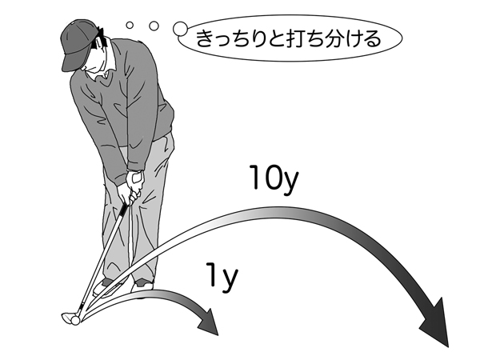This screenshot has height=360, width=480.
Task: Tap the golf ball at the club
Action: pyautogui.click(x=74, y=319)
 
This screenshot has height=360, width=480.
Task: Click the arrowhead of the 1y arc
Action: pyautogui.click(x=209, y=324)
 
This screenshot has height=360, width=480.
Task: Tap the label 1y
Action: pyautogui.click(x=220, y=277)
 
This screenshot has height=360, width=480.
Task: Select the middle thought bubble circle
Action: pyautogui.click(x=152, y=24)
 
